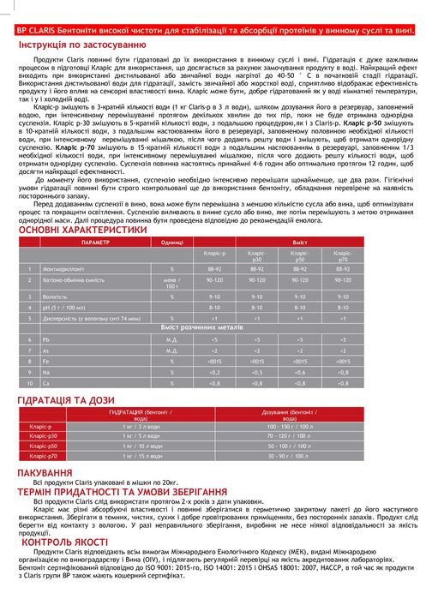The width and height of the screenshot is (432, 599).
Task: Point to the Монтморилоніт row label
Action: point(63,269)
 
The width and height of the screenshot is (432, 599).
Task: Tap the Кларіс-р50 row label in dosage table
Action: point(43,446)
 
